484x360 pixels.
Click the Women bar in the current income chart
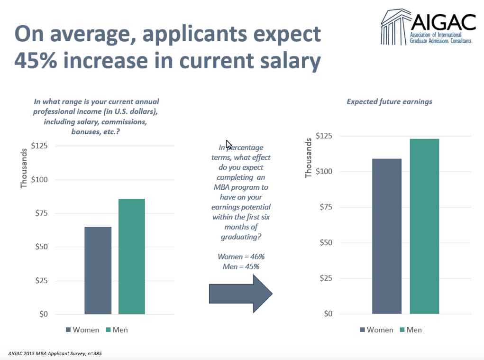(x=98, y=270)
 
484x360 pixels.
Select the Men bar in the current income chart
(x=132, y=256)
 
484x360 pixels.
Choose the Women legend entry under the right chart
(x=375, y=330)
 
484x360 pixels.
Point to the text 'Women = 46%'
(x=241, y=257)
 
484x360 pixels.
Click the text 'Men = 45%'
(x=241, y=267)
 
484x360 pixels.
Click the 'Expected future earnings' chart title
(x=389, y=102)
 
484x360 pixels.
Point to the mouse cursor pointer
(x=228, y=144)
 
